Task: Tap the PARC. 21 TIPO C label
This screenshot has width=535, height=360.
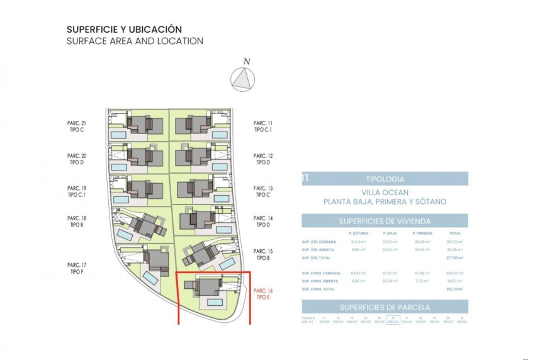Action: coord(76,126)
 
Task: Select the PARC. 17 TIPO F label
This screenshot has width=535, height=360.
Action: coord(76,268)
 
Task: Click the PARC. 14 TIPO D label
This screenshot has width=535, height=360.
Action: coord(262,222)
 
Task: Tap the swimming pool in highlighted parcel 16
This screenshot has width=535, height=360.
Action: coord(215,303)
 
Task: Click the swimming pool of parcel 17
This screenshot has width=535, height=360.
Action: coord(151,278)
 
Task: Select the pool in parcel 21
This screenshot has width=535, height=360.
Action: coord(118,135)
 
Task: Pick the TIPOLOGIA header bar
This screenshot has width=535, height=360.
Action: coord(385,179)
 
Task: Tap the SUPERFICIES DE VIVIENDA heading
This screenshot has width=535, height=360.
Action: coord(385,221)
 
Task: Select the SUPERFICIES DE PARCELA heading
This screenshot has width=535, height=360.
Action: coord(385,307)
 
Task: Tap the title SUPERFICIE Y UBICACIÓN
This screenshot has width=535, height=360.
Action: coord(124,29)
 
